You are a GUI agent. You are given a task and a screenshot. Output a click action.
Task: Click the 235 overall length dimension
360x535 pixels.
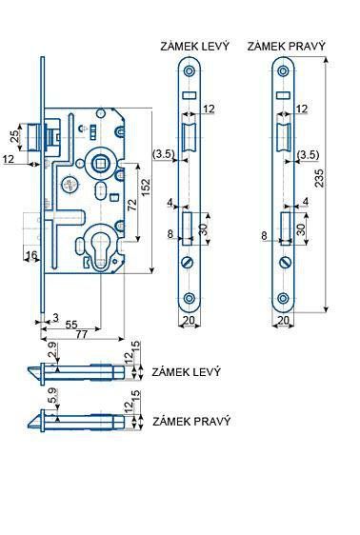319,177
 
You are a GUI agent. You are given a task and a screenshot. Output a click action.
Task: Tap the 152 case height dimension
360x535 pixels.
146,188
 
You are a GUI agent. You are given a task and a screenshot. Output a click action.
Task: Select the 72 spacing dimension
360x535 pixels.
132,204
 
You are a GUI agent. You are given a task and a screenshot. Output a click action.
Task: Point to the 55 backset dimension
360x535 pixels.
71,324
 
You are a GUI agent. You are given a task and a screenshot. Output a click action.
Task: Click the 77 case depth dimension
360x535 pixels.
82,334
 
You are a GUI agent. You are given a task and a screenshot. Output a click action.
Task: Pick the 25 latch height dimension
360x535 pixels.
14,136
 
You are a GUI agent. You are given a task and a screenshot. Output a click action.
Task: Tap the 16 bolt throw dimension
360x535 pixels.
31,255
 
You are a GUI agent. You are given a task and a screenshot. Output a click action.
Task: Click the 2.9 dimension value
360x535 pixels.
52,349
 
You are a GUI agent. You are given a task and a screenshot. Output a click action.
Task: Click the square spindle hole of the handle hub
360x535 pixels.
100,164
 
